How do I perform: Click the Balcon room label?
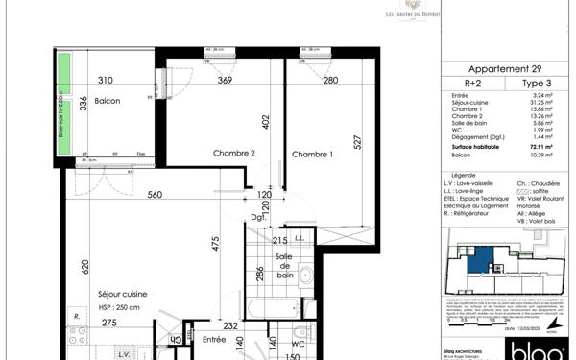click(x=107, y=101)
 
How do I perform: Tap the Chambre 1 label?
click(x=312, y=155)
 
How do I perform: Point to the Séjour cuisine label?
click(x=122, y=294)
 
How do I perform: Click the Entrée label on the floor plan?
click(x=214, y=339)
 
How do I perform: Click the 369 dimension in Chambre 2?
click(x=224, y=81)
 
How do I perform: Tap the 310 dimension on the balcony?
click(x=105, y=81)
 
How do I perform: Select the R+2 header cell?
click(x=473, y=84)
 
